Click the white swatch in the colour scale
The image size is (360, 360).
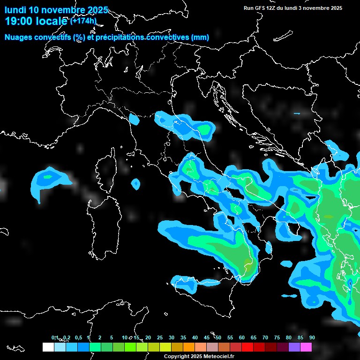pos(48,347)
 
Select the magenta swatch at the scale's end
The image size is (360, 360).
pos(306,347)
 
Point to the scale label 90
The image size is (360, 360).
pos(312,338)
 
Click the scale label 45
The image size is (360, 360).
pos(207,338)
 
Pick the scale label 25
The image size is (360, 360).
pos(160,338)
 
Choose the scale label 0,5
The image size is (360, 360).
pos(78,338)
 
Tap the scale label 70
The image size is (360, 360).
pos(265,338)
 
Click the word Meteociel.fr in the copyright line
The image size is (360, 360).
pos(219,357)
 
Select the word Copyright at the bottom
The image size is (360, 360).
pos(176,357)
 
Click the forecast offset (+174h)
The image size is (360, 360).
pos(83,21)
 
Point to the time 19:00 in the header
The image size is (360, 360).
pos(19,21)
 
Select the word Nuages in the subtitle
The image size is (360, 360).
pos(19,37)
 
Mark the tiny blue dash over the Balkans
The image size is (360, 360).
pos(296,113)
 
